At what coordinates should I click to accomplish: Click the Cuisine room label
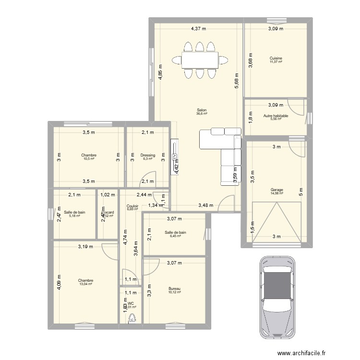coord(276,58)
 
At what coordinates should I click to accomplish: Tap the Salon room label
coord(202,109)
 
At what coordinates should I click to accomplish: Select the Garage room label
coord(276,190)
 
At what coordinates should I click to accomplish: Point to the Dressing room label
coord(148,155)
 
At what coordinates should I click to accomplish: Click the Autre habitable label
coord(276,116)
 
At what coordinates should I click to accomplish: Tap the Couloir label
coord(132,205)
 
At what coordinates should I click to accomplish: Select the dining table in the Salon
coord(199,60)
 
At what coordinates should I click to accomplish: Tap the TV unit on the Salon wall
coord(174,156)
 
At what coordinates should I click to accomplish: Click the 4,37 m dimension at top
coord(198,29)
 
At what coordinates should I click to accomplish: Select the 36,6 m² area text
coord(202,114)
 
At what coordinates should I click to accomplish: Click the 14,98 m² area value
coord(276,193)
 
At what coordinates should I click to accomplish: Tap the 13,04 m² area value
coord(86,284)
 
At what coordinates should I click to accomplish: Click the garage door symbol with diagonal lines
coord(276,222)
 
